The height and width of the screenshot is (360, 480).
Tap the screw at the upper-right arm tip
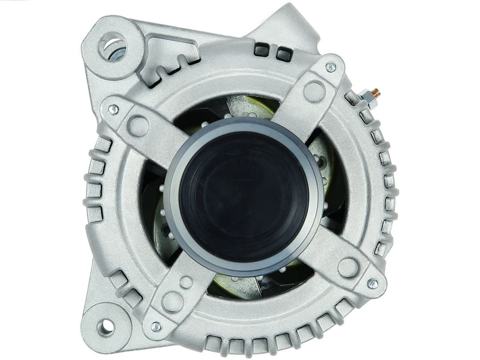[x=330, y=67]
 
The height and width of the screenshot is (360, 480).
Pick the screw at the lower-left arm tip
[x=156, y=327]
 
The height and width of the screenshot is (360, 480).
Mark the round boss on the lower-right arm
[x=348, y=267]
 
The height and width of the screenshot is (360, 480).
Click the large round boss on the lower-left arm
[x=172, y=302]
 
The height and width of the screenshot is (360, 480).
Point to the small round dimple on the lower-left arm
[x=187, y=281]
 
